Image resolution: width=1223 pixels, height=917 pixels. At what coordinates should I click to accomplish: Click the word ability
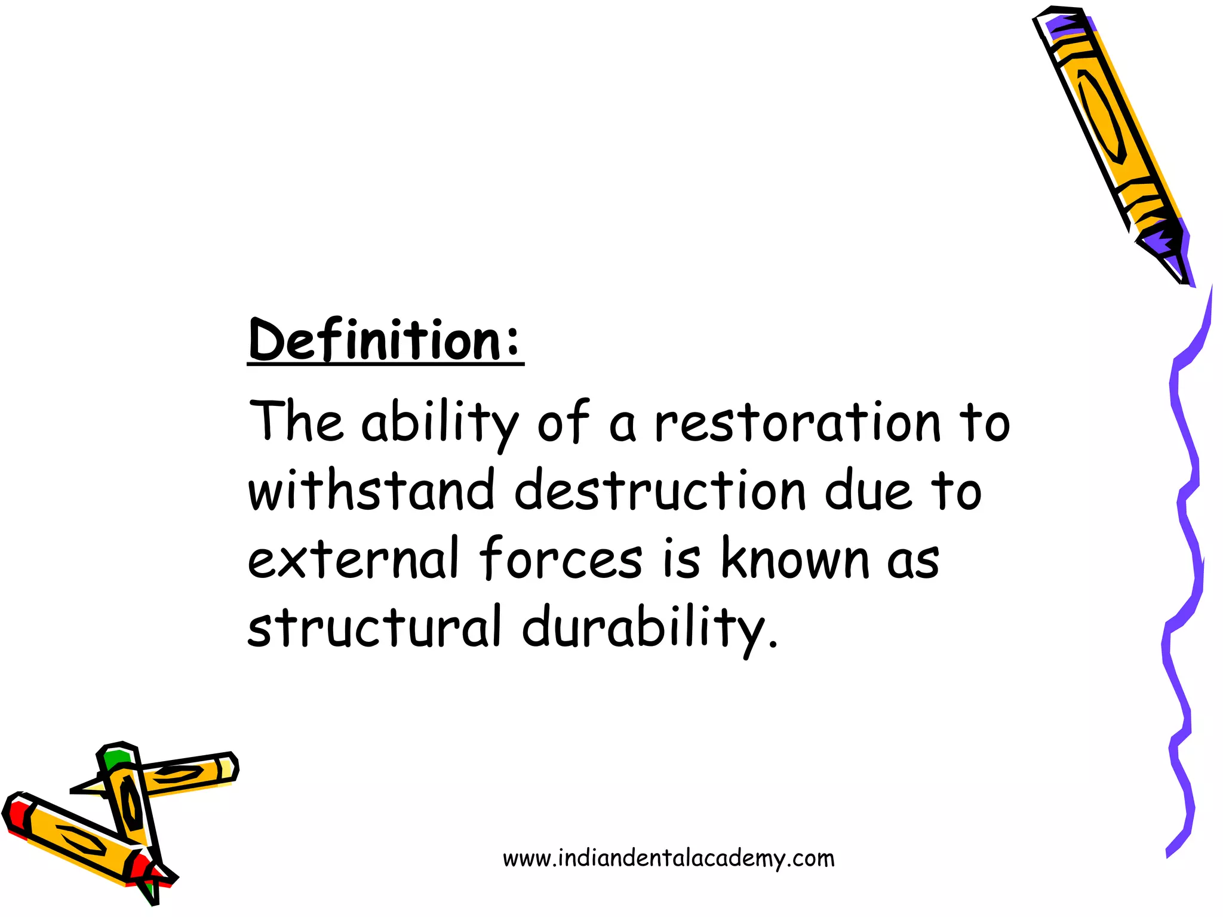tap(440, 423)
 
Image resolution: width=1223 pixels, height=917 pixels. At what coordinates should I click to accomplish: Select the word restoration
tap(798, 423)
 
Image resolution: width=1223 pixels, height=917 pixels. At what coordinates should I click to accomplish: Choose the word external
tap(353, 559)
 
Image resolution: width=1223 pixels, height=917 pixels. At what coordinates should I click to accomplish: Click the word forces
tap(561, 559)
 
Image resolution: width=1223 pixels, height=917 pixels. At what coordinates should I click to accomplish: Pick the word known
tap(795, 559)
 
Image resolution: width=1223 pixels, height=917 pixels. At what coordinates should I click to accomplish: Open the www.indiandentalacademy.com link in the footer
tap(669, 858)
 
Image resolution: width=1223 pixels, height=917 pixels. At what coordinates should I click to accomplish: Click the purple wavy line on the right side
tap(1185, 537)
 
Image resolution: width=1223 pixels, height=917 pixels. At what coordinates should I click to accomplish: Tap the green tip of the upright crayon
tap(117, 758)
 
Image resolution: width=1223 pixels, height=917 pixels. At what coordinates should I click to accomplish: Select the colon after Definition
tap(512, 346)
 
